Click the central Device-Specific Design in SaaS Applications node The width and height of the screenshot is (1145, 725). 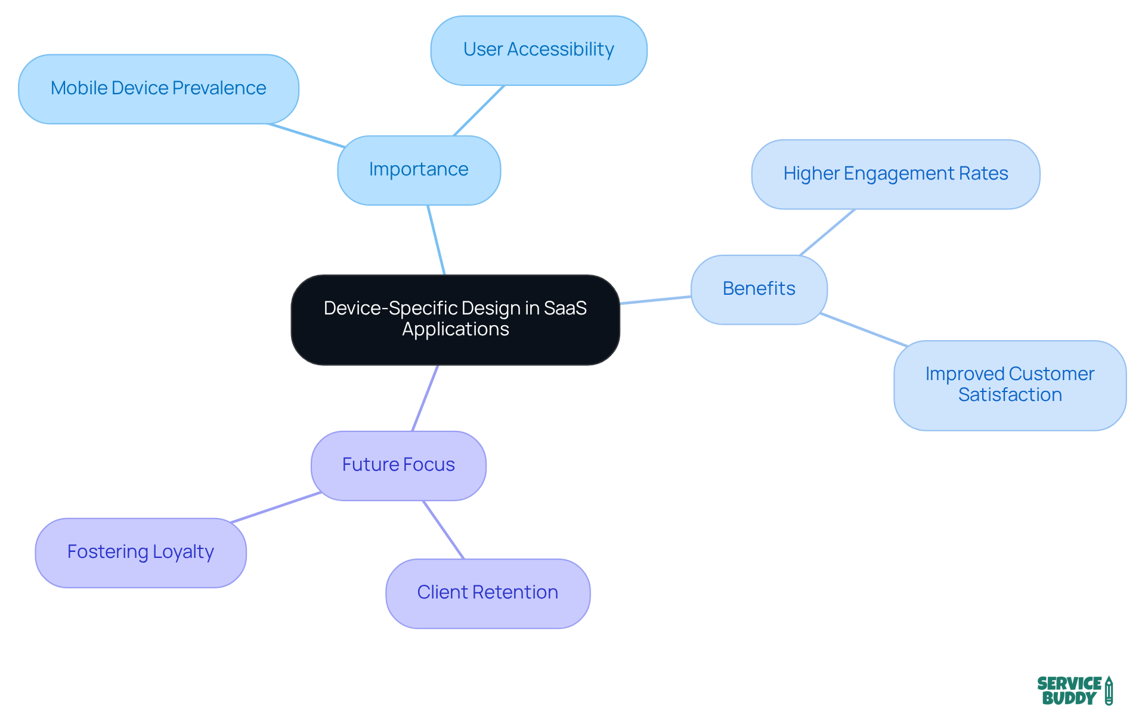[x=455, y=319]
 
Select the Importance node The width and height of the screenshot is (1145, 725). [x=419, y=170]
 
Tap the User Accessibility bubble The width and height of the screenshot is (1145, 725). [x=539, y=50]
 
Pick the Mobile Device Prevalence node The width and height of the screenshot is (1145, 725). [x=158, y=89]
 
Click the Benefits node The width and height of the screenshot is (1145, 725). [x=759, y=289]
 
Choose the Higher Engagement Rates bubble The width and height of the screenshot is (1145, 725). [x=895, y=174]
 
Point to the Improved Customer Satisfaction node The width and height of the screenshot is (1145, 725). [x=1010, y=385]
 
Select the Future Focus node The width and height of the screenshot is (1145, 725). [x=398, y=465]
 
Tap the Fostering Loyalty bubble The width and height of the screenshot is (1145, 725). [x=140, y=553]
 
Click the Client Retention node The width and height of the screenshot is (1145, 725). [x=487, y=593]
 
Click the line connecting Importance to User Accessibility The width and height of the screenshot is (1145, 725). [x=479, y=110]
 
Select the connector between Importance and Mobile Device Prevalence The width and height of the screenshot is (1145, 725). [x=306, y=135]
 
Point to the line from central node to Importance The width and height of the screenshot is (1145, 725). [x=436, y=240]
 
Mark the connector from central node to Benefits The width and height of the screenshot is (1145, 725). [x=655, y=300]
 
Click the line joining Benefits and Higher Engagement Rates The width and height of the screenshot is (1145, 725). [x=827, y=232]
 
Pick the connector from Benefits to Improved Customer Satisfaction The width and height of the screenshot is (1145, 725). [x=863, y=329]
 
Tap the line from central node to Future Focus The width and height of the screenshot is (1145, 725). [x=425, y=397]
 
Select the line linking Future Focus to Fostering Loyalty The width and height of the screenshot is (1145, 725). [x=276, y=508]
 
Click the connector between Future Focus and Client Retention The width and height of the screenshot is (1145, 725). [x=443, y=529]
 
